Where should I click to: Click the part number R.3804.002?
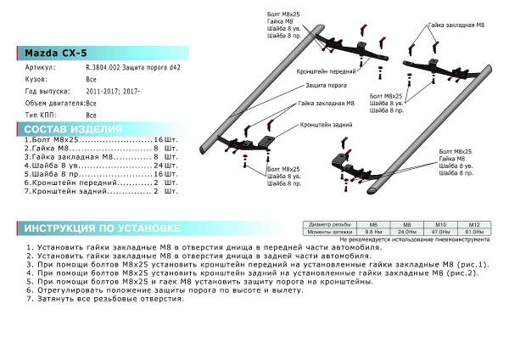[x=104, y=65]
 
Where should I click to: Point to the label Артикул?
[x=40, y=65]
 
